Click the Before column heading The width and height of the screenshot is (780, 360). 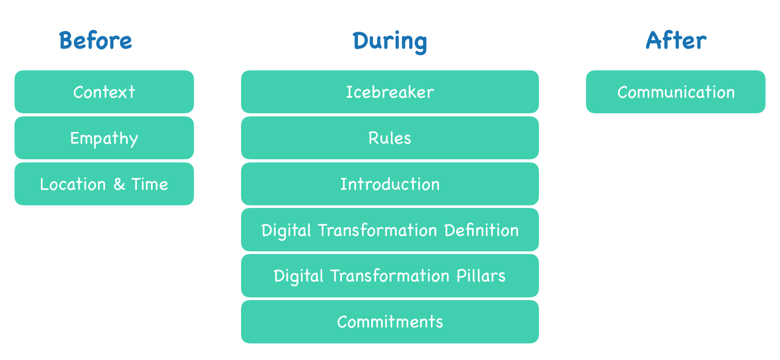pos(95,40)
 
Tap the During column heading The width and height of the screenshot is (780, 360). pos(389,42)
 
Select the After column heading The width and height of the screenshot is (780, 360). pos(676,40)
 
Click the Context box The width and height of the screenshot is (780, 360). pos(104,92)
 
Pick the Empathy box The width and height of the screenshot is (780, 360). pos(104,138)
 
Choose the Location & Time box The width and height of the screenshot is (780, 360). pos(104,184)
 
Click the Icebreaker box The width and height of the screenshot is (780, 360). pos(390,92)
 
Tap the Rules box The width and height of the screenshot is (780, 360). pos(390,138)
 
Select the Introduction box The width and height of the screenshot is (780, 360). pos(390,184)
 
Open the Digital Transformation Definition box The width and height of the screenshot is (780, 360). pos(390,230)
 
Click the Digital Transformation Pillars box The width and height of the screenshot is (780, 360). pos(390,276)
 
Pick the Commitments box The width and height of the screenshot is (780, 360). pos(390,322)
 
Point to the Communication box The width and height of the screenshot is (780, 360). pos(676,92)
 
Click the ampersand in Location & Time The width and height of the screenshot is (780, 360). pos(119,184)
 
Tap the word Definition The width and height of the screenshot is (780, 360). pos(482,230)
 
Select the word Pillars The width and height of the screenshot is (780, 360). pos(481,276)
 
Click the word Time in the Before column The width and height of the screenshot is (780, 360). pos(149,184)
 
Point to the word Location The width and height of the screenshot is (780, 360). pos(73,184)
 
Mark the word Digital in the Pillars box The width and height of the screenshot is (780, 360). pos(298,277)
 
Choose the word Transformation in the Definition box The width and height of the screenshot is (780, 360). pos(378,230)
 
